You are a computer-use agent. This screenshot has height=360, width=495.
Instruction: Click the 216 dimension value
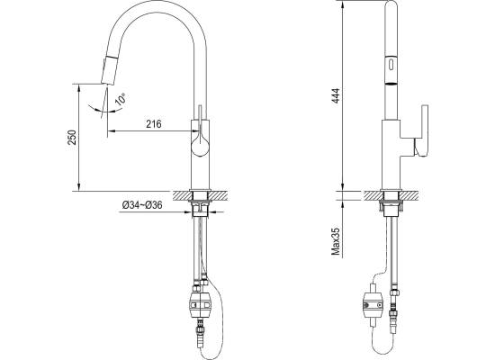[x=153, y=124]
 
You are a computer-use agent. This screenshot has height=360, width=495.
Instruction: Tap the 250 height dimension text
[x=73, y=137]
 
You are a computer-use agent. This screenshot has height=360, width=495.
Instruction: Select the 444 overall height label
[x=337, y=95]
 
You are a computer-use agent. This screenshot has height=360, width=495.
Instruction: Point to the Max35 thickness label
[x=336, y=241]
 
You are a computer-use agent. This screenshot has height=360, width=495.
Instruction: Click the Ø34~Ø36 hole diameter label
[x=142, y=205]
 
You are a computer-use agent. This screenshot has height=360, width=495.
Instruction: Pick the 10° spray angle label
[x=121, y=99]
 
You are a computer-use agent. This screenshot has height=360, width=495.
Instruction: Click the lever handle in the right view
[x=421, y=130]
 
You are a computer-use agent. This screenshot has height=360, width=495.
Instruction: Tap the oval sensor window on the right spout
[x=391, y=66]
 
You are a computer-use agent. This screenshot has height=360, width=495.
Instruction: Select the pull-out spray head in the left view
[x=108, y=70]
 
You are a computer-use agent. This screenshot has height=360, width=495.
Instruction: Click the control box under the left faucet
[x=200, y=305]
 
